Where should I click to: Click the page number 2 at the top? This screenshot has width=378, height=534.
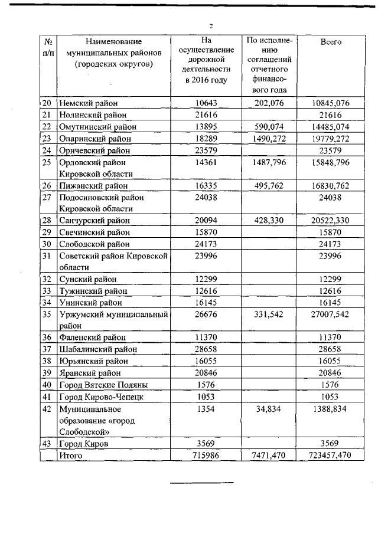[x=211, y=25]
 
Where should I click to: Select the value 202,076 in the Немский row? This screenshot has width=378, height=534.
[x=269, y=103]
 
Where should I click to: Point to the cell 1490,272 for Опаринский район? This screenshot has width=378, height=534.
[x=269, y=139]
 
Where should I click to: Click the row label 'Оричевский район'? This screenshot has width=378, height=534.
[x=92, y=150]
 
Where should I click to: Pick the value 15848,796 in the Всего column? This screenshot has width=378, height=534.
[x=330, y=162]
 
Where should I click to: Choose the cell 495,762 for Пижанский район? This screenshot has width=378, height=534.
[x=269, y=186]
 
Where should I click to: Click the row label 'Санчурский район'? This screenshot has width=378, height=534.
[x=93, y=220]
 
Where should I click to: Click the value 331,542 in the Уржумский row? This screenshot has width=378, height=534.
[x=269, y=313]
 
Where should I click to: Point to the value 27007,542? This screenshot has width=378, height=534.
[x=330, y=313]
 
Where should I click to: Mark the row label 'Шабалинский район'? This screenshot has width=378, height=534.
[x=94, y=349]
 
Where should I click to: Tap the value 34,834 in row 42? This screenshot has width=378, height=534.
[x=269, y=408]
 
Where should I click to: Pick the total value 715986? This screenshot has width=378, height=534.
[x=206, y=455]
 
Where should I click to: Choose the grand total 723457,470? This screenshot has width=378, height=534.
[x=330, y=455]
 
